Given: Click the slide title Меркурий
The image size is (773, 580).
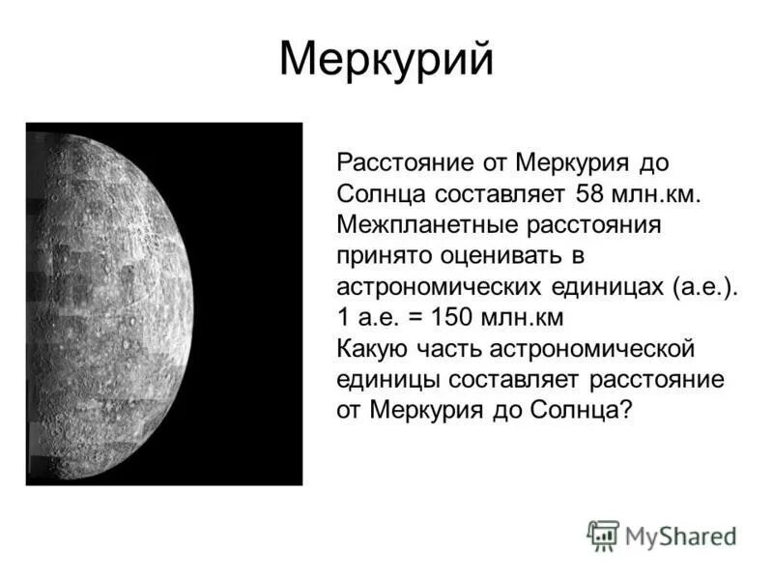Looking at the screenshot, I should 386,60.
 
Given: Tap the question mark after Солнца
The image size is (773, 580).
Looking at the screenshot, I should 625,410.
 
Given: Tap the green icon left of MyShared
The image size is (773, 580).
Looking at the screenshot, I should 603,535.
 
